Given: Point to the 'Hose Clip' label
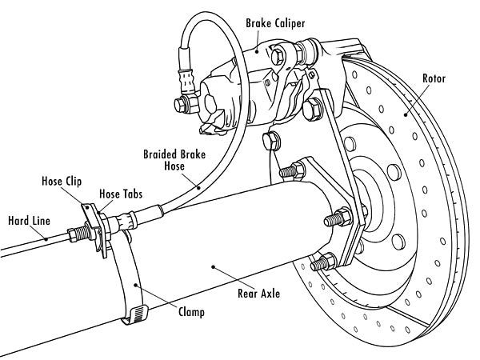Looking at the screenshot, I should point(61,181).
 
